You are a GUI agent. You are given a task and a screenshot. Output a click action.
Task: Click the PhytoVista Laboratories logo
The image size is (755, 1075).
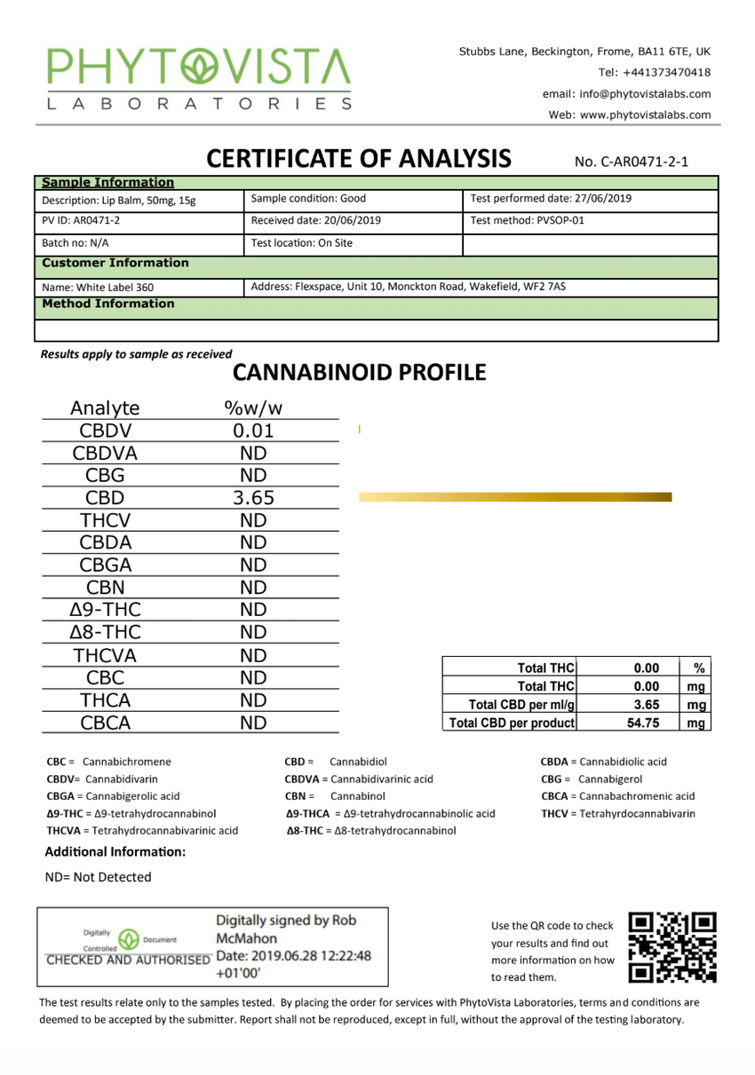(199, 78)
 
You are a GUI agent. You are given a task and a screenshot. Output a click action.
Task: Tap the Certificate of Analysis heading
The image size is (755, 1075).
(359, 159)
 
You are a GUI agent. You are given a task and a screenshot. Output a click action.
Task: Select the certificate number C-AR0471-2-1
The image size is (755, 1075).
(632, 162)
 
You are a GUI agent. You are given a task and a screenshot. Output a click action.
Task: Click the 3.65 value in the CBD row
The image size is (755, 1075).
(253, 498)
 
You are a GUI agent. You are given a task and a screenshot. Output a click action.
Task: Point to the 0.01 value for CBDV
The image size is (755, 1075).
(253, 431)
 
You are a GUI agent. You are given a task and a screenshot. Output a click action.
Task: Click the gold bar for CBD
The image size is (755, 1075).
(515, 497)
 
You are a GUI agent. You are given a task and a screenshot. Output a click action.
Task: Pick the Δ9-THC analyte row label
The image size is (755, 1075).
(106, 610)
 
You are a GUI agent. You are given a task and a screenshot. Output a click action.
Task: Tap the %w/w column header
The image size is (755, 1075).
(253, 408)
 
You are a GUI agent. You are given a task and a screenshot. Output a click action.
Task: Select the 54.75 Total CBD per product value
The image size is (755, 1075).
(647, 723)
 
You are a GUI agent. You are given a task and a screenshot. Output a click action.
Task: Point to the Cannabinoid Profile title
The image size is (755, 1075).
(359, 373)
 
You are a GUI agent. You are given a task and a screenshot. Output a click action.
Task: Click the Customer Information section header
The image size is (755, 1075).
(115, 263)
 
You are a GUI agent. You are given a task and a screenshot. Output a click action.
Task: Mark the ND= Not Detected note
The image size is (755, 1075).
(98, 877)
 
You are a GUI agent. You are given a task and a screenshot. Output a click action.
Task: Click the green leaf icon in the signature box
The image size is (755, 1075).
(129, 938)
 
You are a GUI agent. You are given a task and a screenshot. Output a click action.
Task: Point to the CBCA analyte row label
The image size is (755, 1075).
(106, 723)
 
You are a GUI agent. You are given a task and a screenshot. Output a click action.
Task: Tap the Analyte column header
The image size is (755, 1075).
(106, 408)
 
